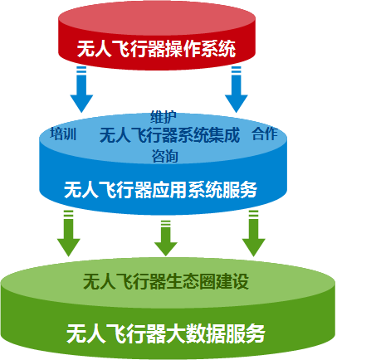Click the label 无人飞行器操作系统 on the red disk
tap(156, 49)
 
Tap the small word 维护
tap(164, 117)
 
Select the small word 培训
tap(63, 134)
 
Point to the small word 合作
tap(265, 134)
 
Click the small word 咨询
tap(164, 156)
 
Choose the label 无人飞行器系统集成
tap(169, 135)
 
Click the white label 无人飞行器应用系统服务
tap(161, 190)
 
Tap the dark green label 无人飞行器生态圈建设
tap(166, 282)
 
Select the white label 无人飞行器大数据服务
tap(166, 333)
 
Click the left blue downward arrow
tap(81, 90)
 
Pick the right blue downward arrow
tap(237, 90)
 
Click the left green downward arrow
tap(69, 233)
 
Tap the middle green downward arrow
tap(166, 238)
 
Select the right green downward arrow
tap(254, 233)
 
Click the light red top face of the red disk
tap(157, 18)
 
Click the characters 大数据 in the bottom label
tap(195, 333)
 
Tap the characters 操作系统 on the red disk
tap(200, 49)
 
